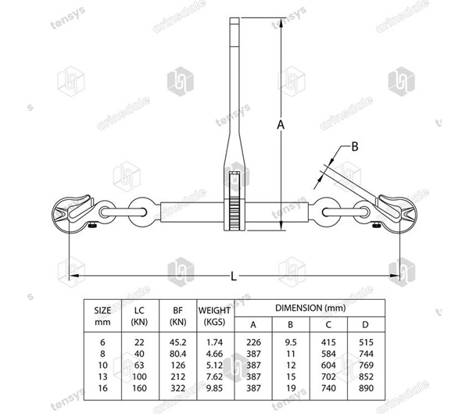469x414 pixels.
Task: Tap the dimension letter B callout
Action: pos(354,146)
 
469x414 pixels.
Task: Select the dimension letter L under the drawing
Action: pos(234,275)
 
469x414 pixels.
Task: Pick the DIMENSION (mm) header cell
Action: pos(310,308)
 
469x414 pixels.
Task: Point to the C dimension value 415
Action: pos(328,342)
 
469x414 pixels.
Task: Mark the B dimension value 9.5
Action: pos(290,342)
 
